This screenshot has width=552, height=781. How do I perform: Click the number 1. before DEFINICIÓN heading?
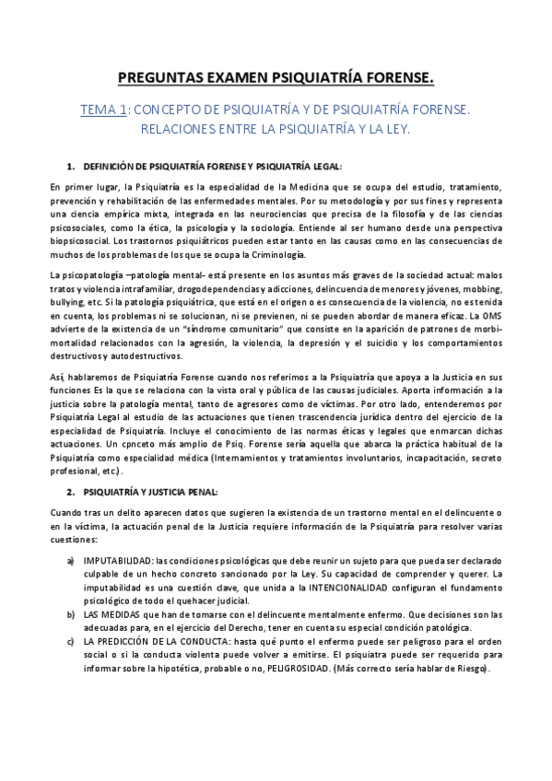tap(71, 166)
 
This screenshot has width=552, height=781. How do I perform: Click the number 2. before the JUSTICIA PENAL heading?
tap(71, 492)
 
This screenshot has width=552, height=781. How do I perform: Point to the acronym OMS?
tap(492, 316)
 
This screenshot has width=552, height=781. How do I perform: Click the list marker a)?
tap(71, 560)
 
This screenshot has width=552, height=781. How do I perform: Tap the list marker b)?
tap(71, 613)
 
